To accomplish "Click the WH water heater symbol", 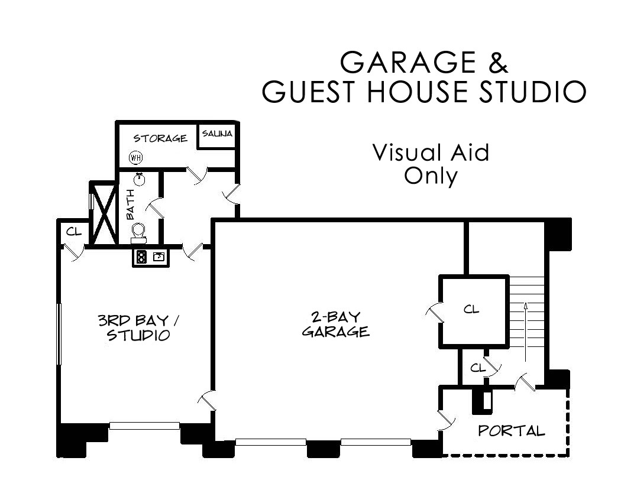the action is click(136, 158).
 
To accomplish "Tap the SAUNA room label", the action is click(218, 134).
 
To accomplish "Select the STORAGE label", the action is click(160, 138).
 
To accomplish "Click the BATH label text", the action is click(130, 205).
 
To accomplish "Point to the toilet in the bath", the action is click(138, 233).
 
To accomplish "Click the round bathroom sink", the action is click(139, 179).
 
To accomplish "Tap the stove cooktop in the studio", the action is click(141, 258).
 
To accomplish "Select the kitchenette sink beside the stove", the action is click(159, 257).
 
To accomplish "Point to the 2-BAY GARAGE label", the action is click(336, 324).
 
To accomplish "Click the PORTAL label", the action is click(512, 431).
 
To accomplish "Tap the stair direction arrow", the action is click(526, 332).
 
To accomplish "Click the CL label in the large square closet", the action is click(471, 309).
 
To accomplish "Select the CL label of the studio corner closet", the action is click(74, 231).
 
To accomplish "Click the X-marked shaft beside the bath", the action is click(103, 213).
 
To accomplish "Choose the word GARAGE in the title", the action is click(408, 62).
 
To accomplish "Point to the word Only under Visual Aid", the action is click(431, 176).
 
